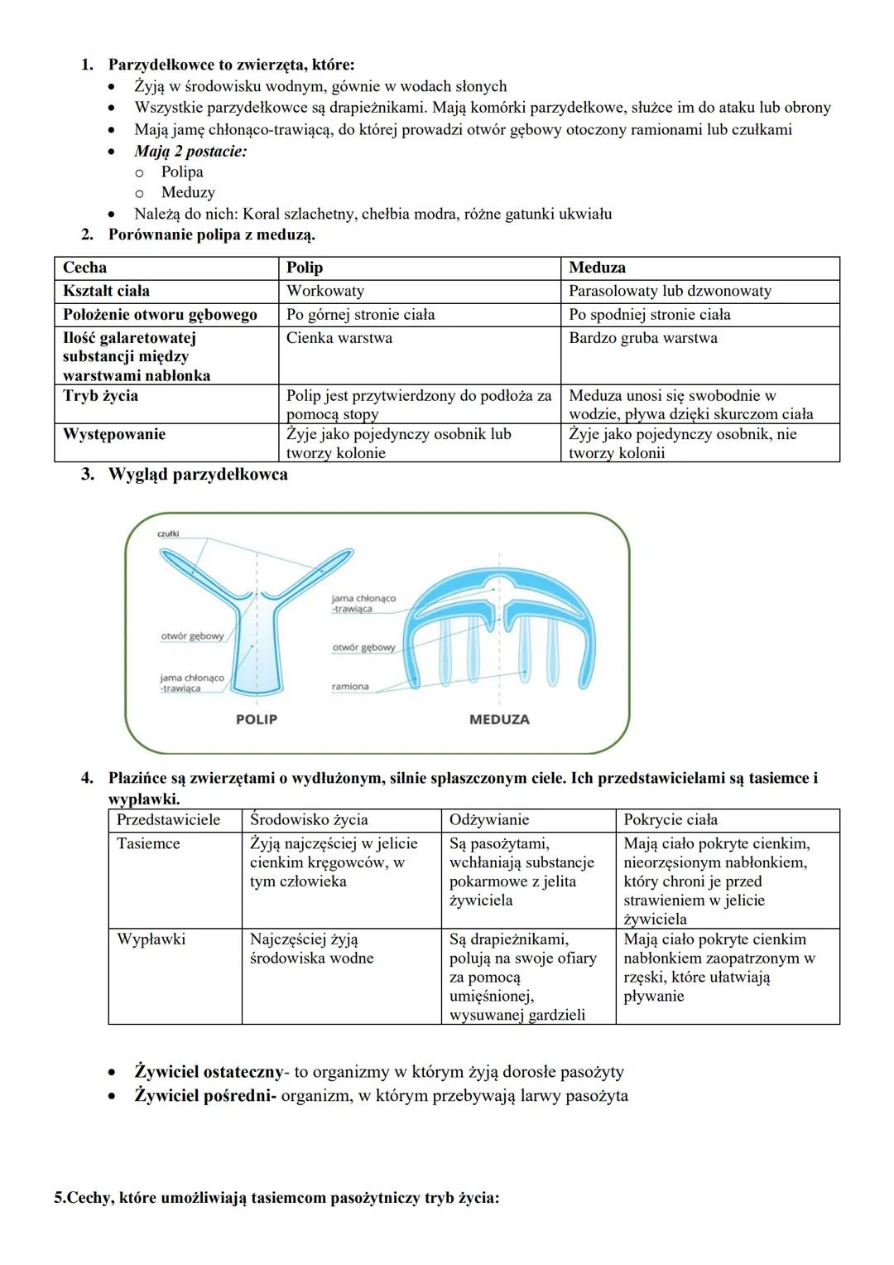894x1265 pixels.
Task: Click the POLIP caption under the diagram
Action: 257,719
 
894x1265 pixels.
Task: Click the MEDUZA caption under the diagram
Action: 499,719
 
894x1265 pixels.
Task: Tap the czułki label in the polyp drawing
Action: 168,534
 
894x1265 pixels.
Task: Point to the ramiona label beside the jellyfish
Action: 350,687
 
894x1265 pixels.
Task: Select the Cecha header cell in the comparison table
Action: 84,268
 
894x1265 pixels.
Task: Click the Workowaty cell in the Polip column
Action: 325,291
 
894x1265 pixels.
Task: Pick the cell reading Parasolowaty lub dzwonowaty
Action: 670,291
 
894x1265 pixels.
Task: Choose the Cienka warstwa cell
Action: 339,338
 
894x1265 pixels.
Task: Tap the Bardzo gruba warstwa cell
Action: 643,338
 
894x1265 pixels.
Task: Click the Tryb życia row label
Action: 100,396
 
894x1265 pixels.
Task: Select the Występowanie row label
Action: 114,434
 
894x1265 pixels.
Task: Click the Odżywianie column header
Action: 489,820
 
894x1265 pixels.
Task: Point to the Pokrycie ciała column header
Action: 670,820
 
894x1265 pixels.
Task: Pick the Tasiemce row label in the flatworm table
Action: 148,843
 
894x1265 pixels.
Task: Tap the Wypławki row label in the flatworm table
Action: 151,939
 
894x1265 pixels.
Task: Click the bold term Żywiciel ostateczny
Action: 209,1072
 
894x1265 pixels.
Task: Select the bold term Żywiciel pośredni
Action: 205,1096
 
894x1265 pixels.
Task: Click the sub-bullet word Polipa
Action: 182,172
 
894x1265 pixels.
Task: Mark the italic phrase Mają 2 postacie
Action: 190,152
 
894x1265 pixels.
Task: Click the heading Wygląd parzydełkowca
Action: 198,475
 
